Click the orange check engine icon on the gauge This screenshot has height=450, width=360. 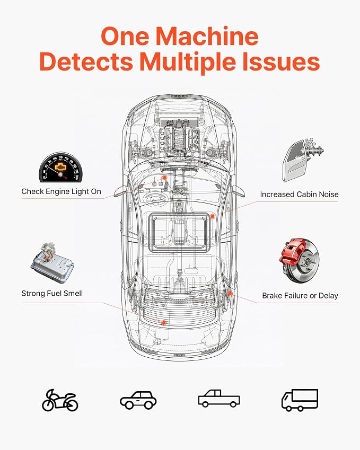click(x=61, y=166)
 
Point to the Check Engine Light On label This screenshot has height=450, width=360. click(x=61, y=191)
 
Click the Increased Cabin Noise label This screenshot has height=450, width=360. click(x=299, y=195)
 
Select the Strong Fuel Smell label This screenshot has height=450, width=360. click(x=52, y=293)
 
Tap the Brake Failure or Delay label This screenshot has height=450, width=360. click(x=300, y=296)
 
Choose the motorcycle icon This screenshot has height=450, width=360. click(x=60, y=400)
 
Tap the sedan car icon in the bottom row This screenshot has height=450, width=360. click(x=138, y=400)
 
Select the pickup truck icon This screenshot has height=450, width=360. click(x=219, y=399)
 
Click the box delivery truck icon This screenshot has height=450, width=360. click(x=300, y=400)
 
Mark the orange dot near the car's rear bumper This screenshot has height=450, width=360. click(x=164, y=323)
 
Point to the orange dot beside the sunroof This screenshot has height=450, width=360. click(x=213, y=216)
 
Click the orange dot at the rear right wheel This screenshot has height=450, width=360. click(x=230, y=293)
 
